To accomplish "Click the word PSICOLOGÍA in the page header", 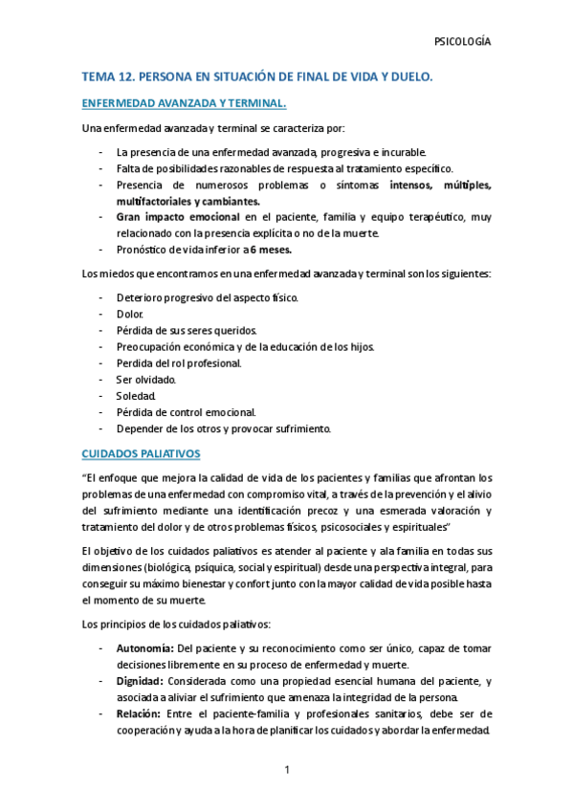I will pyautogui.click(x=462, y=42).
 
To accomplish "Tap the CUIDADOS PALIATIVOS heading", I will pyautogui.click(x=141, y=453).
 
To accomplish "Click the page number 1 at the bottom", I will pyautogui.click(x=286, y=770).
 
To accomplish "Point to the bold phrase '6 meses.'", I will pyautogui.click(x=265, y=251).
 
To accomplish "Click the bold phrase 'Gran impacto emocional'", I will pyautogui.click(x=178, y=218).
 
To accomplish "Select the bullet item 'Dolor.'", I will pyautogui.click(x=130, y=314).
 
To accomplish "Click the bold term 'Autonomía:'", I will pyautogui.click(x=144, y=649).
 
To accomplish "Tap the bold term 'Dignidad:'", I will pyautogui.click(x=140, y=682).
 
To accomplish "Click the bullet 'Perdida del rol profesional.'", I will pyautogui.click(x=179, y=362).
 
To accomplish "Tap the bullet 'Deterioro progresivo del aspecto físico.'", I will pyautogui.click(x=207, y=297).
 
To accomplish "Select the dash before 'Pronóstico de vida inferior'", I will pyautogui.click(x=102, y=251).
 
